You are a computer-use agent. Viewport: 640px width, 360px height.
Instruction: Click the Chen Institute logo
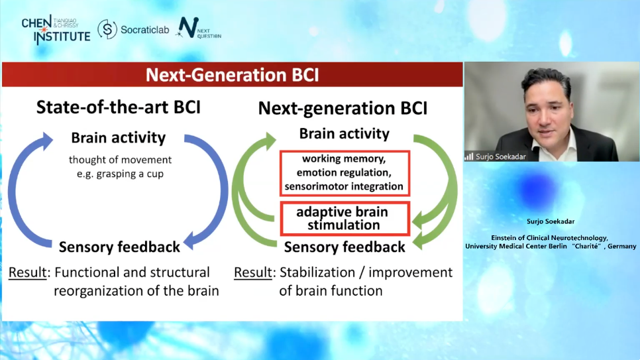56,29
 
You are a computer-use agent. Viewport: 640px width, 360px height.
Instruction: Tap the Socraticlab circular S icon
107,29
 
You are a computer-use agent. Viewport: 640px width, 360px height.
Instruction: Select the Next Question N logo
188,28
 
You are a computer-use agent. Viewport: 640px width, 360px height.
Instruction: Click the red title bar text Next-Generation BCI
233,75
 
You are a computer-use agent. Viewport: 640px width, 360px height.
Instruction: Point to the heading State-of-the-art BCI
119,107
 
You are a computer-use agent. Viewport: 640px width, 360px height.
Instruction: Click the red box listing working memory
345,173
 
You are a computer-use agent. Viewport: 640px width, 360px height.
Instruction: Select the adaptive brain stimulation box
345,219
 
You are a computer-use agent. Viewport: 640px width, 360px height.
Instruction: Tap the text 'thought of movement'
120,160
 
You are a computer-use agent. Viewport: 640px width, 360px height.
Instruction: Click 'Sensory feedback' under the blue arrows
119,247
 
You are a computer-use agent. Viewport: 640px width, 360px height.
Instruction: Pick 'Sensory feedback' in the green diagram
345,247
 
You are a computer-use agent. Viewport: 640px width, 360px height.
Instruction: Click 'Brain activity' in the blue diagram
119,138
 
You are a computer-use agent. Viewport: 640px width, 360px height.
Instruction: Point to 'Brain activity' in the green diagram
344,134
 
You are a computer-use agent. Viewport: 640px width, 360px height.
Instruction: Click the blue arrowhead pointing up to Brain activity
46,141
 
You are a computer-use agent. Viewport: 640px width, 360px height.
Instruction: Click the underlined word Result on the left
27,272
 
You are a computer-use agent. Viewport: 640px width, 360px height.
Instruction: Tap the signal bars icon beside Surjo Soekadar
469,156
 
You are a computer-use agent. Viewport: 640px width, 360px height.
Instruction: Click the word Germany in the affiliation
621,247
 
